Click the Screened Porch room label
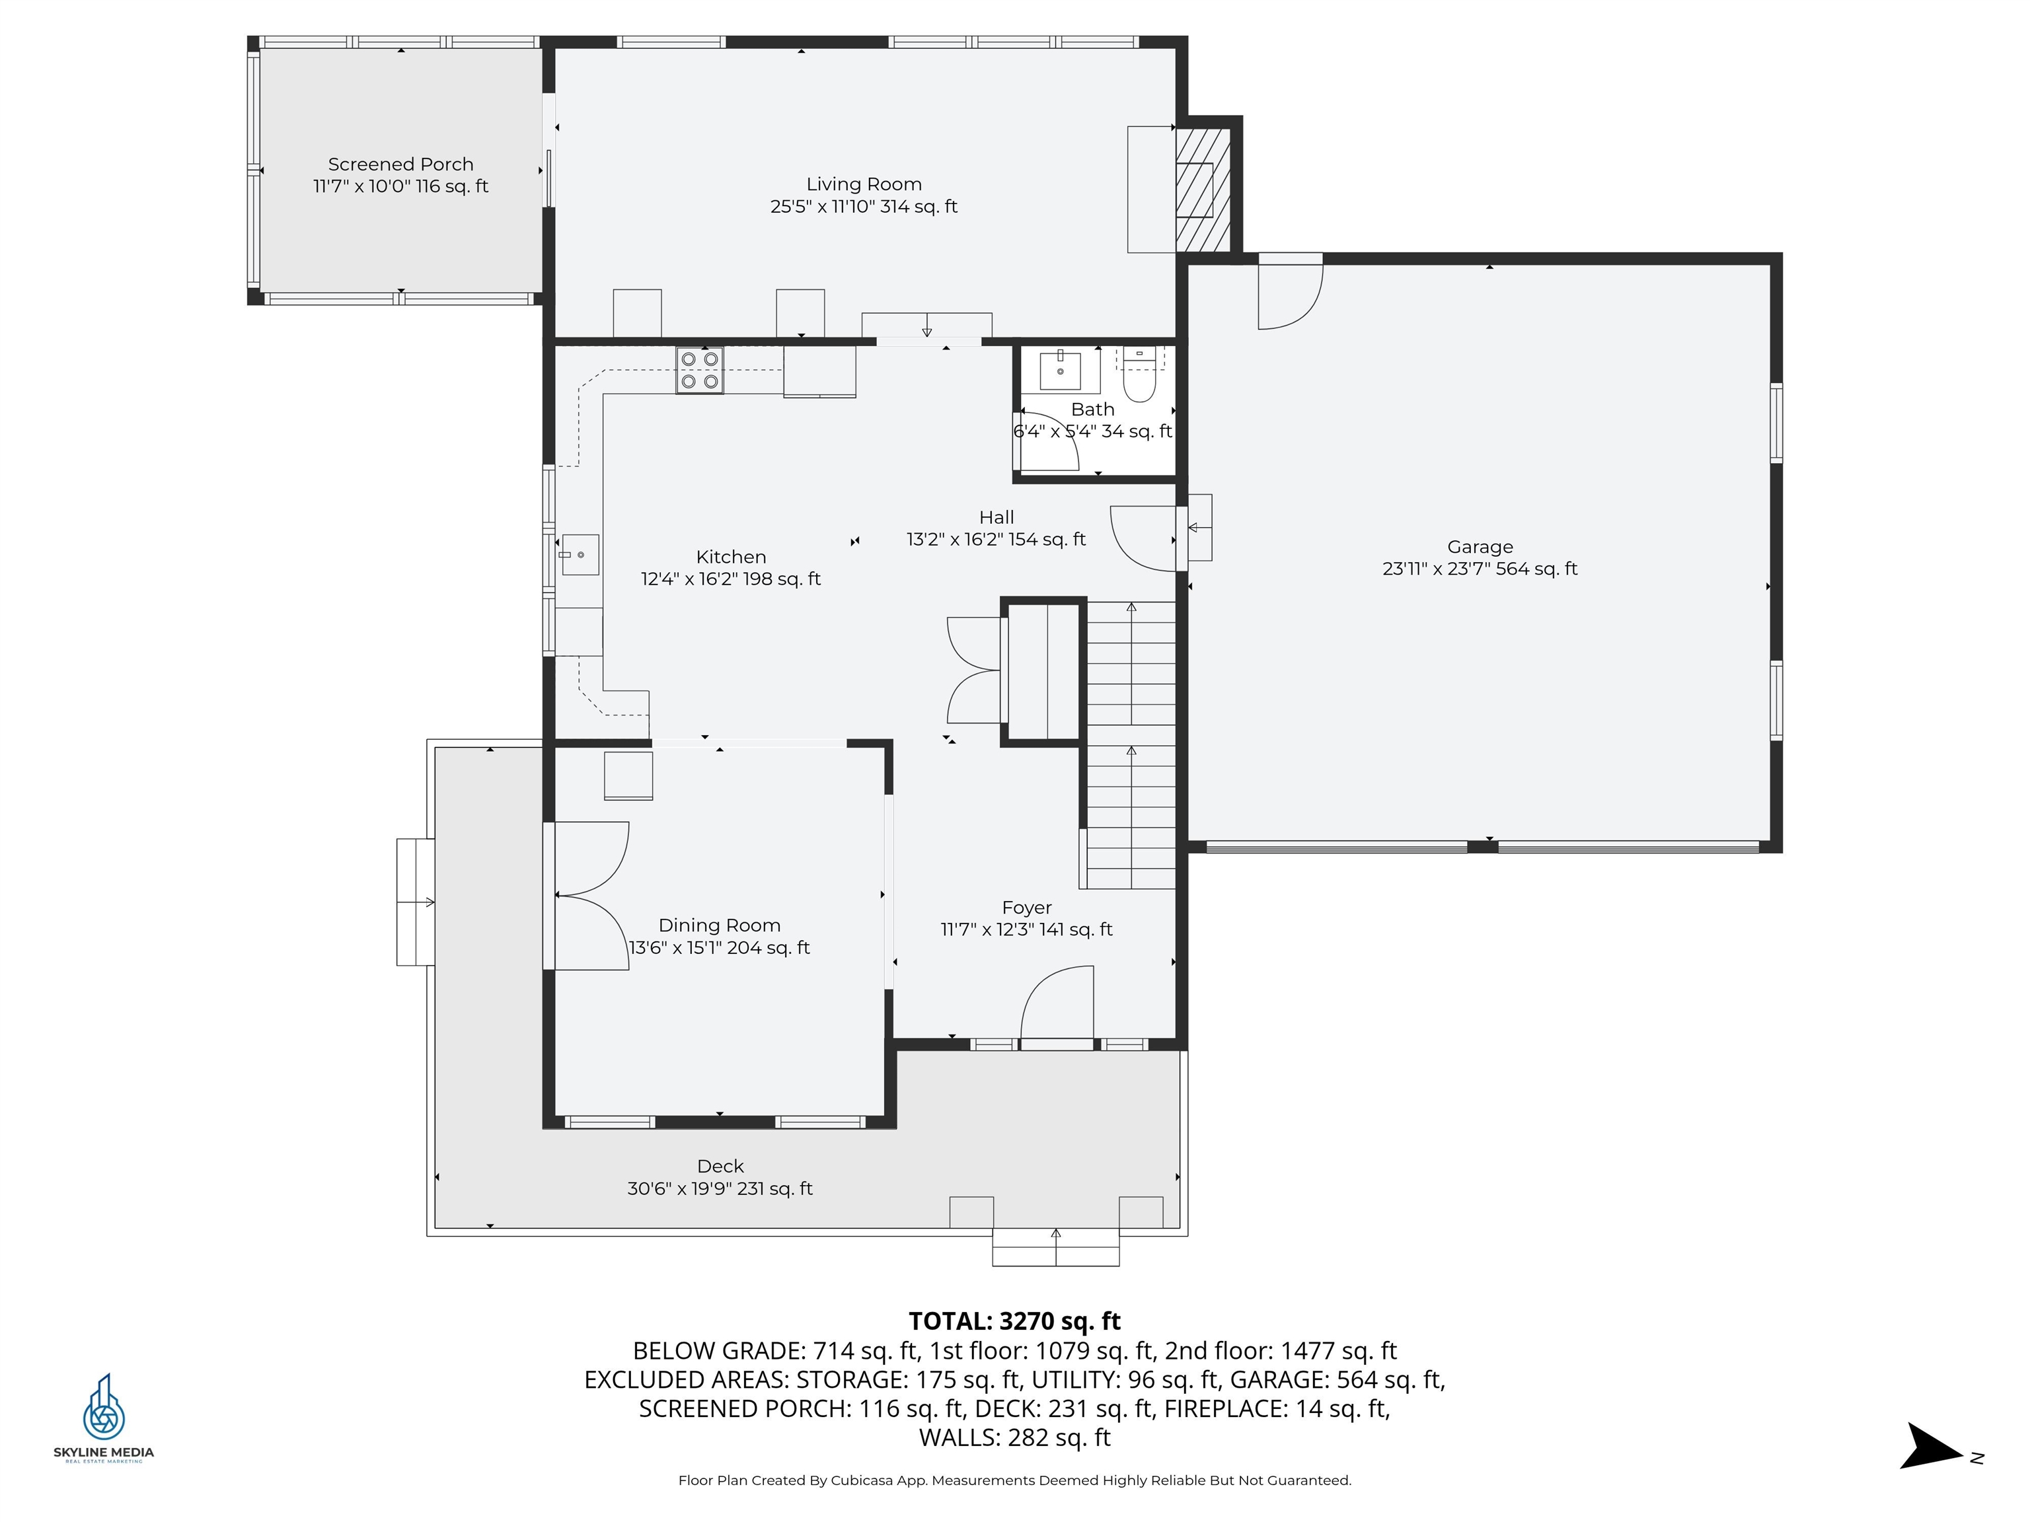tap(400, 164)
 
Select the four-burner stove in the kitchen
tap(699, 371)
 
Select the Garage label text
tap(1480, 547)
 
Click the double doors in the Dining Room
tap(591, 895)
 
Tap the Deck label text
tap(720, 1166)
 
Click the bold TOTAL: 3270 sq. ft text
tap(1014, 1321)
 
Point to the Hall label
tap(996, 517)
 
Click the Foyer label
tap(1026, 908)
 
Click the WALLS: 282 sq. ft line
tap(1014, 1437)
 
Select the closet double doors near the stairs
tap(975, 670)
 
